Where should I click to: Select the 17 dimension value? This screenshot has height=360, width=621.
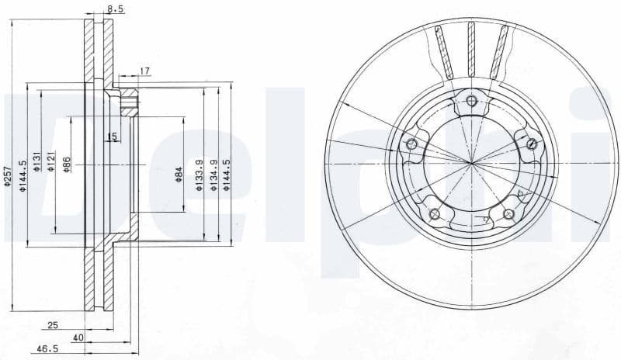point(145,71)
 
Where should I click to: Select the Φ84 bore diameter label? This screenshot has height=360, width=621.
point(178,174)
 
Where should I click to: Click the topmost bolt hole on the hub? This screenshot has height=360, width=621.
point(471,99)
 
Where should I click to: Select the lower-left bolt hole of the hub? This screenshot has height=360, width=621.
point(435,214)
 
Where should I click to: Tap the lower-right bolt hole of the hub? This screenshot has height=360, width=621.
point(508,214)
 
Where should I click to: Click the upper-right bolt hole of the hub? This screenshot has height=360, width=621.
point(532,143)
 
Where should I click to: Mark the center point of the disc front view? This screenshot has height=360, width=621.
point(471,162)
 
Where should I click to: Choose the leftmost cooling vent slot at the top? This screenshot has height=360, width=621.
point(442,50)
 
